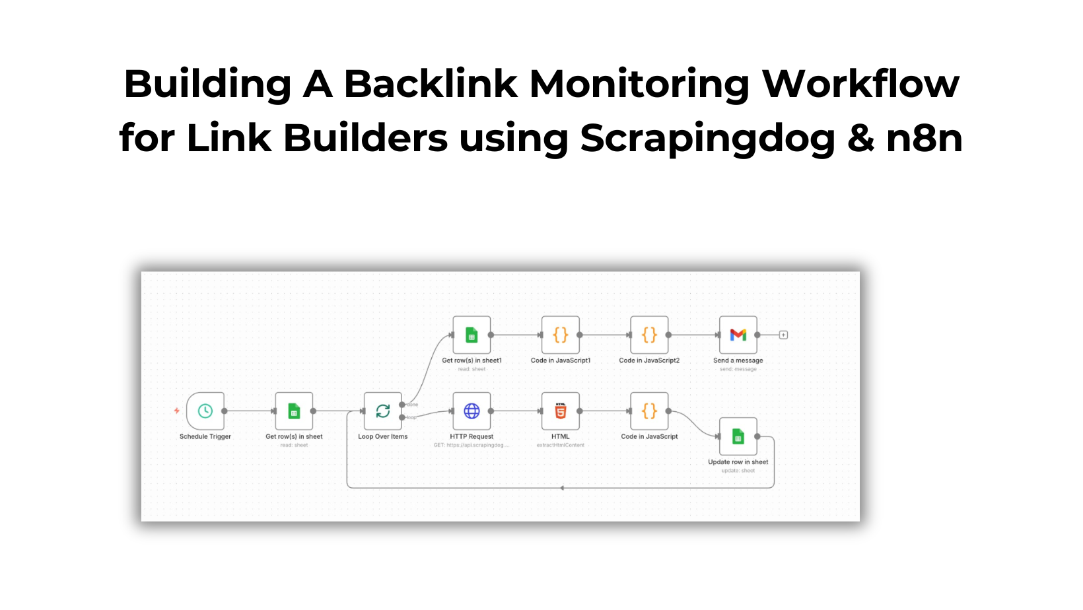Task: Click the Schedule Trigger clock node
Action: coord(205,411)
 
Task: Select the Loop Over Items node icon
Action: coord(383,411)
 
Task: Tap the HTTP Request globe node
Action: coord(472,411)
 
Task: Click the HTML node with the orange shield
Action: coord(561,411)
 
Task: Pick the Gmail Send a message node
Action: coord(738,335)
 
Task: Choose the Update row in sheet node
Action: coord(738,436)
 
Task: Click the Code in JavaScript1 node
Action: coord(561,335)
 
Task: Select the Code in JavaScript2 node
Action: coord(649,335)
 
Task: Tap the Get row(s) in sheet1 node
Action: coord(472,335)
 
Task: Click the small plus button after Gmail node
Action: coord(783,335)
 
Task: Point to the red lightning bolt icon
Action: coord(177,411)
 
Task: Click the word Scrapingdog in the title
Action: coord(707,139)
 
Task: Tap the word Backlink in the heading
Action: coord(431,85)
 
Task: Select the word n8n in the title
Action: coord(924,139)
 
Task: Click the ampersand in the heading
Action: coord(860,139)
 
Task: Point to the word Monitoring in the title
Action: coord(639,85)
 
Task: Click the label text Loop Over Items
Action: coord(383,436)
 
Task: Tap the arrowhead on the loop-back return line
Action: coord(562,488)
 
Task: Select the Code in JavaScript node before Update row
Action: coord(649,411)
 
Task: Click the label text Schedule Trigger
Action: coord(205,436)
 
